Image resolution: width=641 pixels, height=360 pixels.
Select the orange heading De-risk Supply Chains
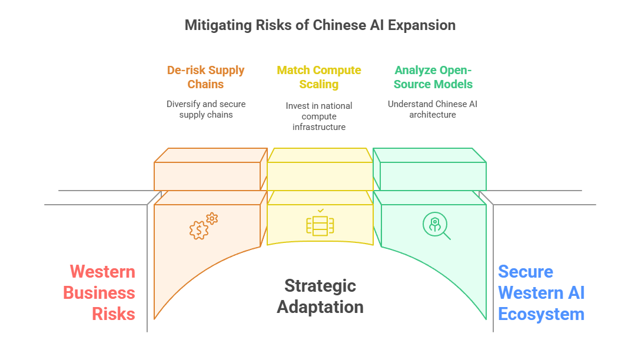205,77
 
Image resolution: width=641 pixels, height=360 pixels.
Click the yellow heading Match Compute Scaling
319,77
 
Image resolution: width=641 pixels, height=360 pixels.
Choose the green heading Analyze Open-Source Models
433,77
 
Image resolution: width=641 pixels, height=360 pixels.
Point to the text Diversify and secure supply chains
205,109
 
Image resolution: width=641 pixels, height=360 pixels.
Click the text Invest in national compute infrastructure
319,116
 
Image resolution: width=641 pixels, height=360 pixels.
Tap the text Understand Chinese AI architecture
433,109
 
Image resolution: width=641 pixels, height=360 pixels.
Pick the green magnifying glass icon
436,226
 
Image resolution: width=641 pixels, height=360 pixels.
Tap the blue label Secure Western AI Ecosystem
541,293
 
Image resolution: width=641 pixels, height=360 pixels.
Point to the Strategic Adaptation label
320,296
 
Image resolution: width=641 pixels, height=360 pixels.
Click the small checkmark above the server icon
320,210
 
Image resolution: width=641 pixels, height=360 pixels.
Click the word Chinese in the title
336,25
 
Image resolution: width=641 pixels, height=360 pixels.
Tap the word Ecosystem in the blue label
541,314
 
